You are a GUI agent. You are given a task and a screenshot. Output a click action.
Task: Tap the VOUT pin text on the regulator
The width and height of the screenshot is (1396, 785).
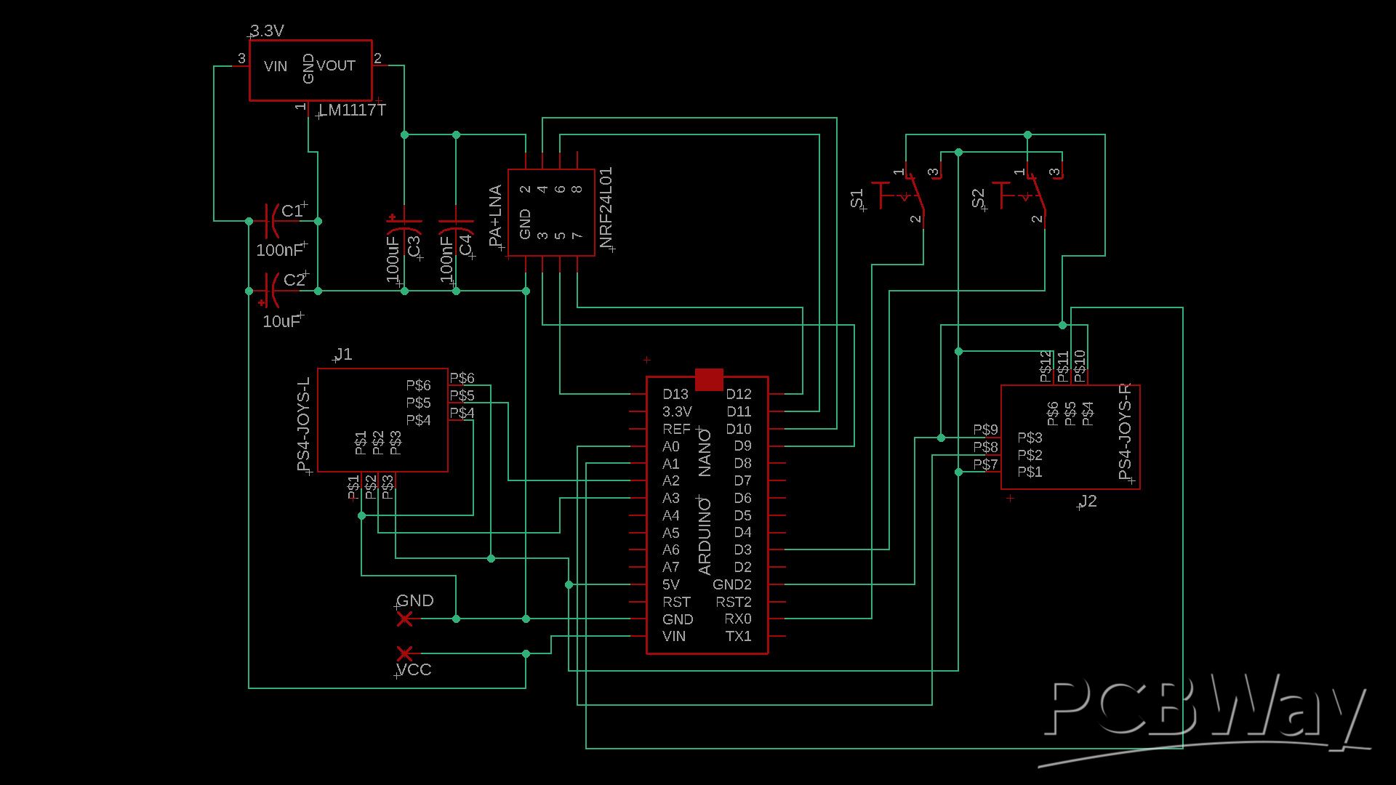coord(336,66)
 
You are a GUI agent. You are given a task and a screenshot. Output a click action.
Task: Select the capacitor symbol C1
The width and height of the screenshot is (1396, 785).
coord(270,221)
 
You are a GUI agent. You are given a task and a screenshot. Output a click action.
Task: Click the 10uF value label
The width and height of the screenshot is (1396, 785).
coord(281,321)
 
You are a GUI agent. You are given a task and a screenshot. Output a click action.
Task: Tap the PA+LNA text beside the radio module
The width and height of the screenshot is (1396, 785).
coord(495,216)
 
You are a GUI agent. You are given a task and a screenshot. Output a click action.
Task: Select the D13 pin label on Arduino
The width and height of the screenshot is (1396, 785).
coord(675,395)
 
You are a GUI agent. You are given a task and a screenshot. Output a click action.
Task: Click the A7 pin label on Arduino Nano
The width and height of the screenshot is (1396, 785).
coord(671,567)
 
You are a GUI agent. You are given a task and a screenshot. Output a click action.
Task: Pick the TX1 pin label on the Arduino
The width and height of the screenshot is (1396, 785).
coord(738,636)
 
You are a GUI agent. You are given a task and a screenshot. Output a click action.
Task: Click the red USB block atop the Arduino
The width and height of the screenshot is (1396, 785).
coord(709,379)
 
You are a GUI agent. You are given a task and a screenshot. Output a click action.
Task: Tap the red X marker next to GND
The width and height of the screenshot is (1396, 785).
coord(405,619)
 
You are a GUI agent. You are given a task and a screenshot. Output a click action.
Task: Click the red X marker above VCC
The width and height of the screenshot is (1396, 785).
coord(405,653)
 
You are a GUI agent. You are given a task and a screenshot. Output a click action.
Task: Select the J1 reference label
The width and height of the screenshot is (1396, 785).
coord(343,354)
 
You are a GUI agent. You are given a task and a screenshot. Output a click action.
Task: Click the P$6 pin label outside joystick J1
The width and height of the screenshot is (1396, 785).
coord(462,378)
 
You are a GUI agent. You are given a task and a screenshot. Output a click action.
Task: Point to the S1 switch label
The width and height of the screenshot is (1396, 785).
coord(857,198)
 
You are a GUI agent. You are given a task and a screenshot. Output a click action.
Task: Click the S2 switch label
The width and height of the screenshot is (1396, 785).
coord(979,198)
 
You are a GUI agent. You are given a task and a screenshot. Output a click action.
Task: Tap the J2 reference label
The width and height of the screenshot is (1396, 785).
coord(1088,502)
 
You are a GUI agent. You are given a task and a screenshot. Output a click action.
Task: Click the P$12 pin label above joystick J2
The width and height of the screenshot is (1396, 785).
coord(1046,366)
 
